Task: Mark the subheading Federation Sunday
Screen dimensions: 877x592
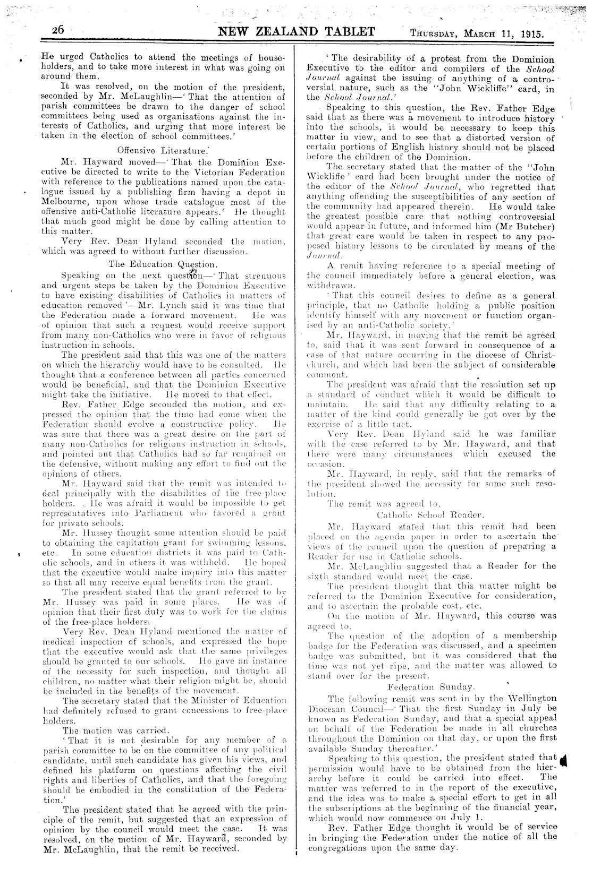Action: (431, 687)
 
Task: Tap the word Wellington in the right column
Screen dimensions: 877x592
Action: (523, 698)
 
